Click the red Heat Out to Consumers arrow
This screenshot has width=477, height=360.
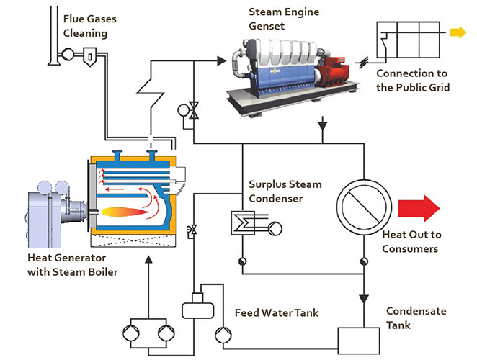(x=419, y=208)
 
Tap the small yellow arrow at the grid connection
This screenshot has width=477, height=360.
(x=458, y=32)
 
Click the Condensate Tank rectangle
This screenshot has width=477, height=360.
(x=359, y=341)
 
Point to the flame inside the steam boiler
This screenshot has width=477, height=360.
(x=125, y=212)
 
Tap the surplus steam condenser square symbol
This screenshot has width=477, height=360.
(x=242, y=223)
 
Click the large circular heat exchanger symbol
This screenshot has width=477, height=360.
(x=364, y=207)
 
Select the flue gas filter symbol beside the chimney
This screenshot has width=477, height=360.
(x=90, y=57)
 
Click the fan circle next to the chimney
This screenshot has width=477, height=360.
(x=68, y=55)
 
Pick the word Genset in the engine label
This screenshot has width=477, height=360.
(x=267, y=26)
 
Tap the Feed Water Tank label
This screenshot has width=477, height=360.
(x=277, y=313)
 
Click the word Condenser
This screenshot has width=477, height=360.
(x=276, y=199)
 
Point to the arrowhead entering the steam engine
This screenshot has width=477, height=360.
(x=222, y=60)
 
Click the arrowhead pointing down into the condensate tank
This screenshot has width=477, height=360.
(x=364, y=299)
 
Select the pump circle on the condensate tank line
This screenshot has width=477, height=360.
(x=223, y=335)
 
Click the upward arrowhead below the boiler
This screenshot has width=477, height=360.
(x=148, y=260)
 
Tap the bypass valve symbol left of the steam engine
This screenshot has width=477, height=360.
(x=194, y=110)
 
